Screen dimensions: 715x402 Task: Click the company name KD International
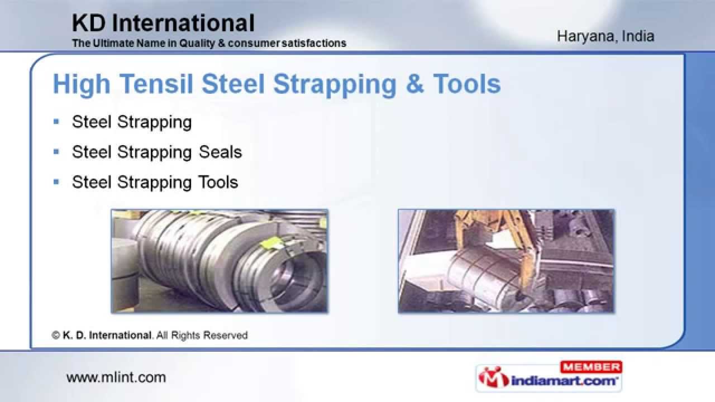coord(163,23)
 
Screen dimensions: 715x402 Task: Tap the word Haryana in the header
coord(585,36)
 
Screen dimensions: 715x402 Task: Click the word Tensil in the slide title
coord(156,84)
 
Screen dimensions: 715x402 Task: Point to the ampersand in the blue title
coord(414,84)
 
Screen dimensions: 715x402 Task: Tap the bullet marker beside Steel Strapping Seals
coord(56,152)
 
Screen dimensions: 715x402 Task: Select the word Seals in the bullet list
coord(220,152)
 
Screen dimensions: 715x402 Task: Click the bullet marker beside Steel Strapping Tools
coord(56,182)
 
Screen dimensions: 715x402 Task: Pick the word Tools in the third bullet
coord(218,182)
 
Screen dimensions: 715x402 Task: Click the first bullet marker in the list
coord(56,122)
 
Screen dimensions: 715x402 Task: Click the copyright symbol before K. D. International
coord(56,336)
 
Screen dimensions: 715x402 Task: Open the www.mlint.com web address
coord(116,377)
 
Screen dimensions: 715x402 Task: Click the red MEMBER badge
coord(591,367)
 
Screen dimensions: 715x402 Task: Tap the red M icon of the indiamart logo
coord(493,377)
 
